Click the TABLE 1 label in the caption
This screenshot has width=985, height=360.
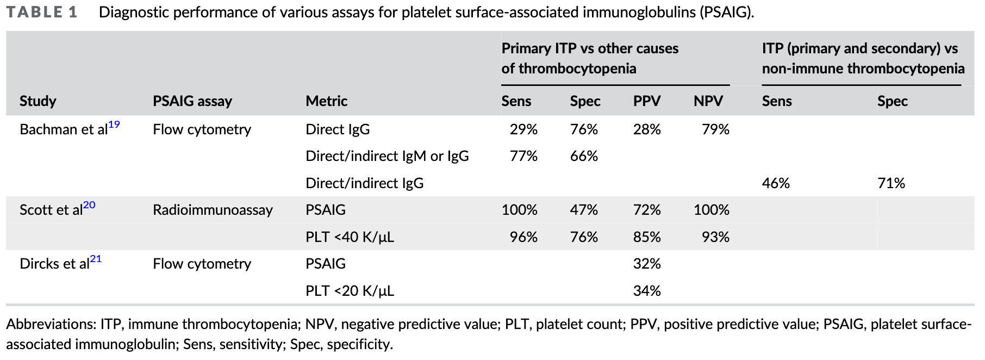click(x=42, y=13)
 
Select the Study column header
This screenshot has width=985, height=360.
click(x=38, y=101)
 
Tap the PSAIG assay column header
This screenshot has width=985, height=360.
click(x=192, y=101)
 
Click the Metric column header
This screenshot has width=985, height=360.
click(x=326, y=101)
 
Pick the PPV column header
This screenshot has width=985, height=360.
click(x=647, y=101)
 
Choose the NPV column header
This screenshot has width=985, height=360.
click(x=708, y=101)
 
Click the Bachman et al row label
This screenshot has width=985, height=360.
click(x=64, y=130)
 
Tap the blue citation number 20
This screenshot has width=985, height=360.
click(x=89, y=205)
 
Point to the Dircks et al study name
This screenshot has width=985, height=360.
click(x=54, y=264)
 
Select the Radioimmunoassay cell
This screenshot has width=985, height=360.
click(x=213, y=210)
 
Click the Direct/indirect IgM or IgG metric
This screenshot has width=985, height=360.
click(x=387, y=157)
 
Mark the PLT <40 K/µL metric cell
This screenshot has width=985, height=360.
click(x=350, y=237)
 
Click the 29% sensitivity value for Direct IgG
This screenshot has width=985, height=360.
click(x=523, y=130)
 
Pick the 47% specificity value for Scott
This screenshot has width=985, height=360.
click(x=584, y=210)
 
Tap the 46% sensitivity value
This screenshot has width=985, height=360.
click(x=776, y=183)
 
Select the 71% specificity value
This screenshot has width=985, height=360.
click(x=891, y=183)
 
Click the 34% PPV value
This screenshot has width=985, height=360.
click(x=647, y=291)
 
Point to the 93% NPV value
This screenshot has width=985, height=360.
click(x=715, y=237)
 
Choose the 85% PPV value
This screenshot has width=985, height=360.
click(x=647, y=237)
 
